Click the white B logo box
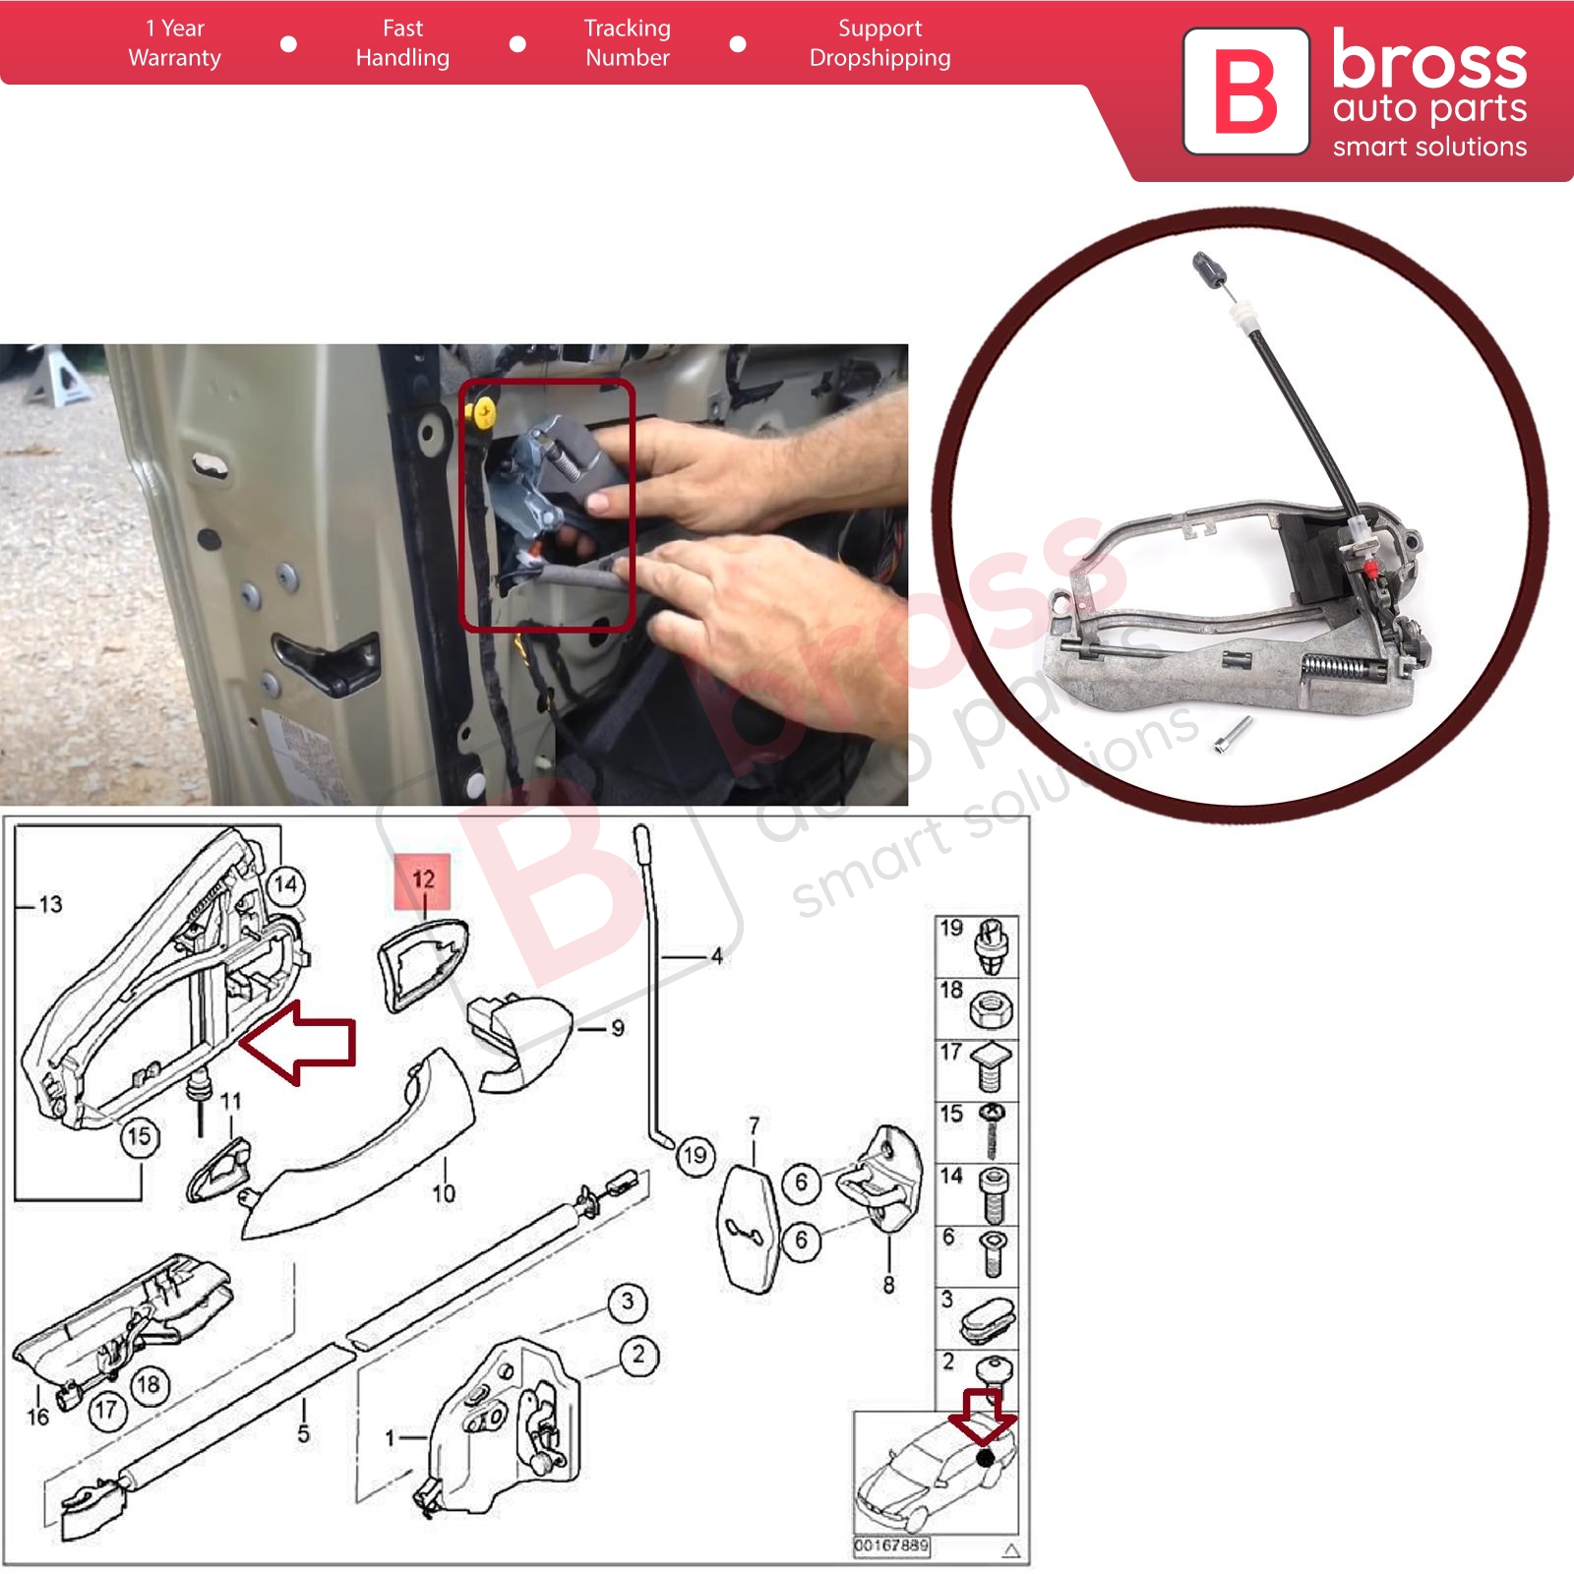click(x=1245, y=91)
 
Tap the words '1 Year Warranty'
click(x=175, y=43)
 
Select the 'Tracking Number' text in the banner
click(x=628, y=43)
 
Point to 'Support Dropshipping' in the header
click(x=880, y=43)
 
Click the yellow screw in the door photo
click(x=482, y=412)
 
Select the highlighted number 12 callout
click(x=423, y=880)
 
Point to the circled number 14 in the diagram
click(x=285, y=884)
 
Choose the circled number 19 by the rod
click(x=695, y=1155)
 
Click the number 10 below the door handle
click(x=444, y=1193)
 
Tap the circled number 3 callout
click(x=628, y=1302)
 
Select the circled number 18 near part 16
click(x=149, y=1385)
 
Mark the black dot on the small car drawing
click(x=985, y=1458)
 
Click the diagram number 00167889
click(x=891, y=1545)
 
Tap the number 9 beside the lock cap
click(x=618, y=1028)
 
